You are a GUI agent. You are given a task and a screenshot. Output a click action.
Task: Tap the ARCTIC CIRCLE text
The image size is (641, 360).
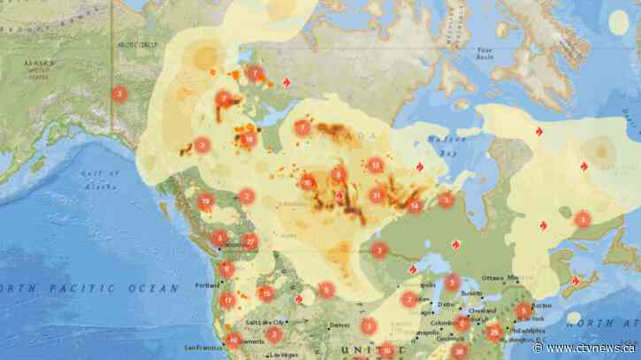(136, 42)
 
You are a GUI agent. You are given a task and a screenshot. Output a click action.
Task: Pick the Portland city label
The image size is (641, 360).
(209, 286)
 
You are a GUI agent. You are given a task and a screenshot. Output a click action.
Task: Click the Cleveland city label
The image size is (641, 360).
(482, 310)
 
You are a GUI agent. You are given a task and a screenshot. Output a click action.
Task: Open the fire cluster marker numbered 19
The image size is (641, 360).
(206, 202)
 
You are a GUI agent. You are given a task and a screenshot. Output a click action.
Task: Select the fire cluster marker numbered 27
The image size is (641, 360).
(250, 241)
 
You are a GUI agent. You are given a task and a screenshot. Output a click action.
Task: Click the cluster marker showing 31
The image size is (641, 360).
(378, 195)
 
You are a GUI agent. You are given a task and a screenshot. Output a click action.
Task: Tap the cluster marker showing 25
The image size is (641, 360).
(308, 183)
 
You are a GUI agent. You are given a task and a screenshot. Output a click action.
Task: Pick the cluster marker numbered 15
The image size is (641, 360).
(265, 294)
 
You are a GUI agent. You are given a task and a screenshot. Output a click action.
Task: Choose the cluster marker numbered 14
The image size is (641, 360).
(415, 206)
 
